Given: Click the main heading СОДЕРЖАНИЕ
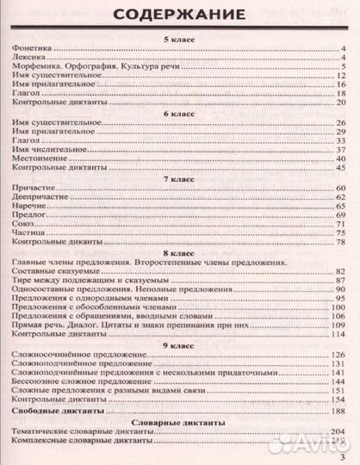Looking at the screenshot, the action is point(180,15).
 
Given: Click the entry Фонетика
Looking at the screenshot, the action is point(34,50).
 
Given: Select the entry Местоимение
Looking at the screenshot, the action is point(42,158).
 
